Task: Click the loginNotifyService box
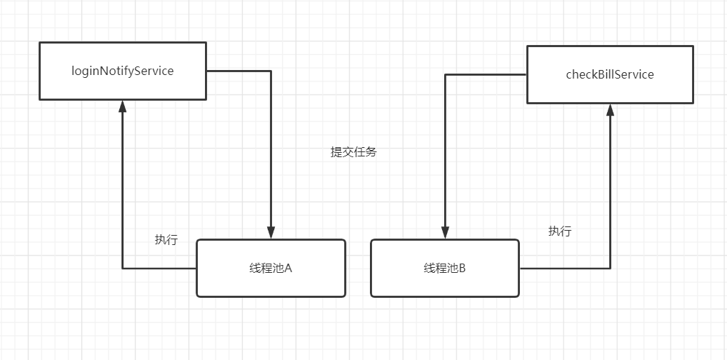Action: [x=122, y=71]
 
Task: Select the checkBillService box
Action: [x=610, y=74]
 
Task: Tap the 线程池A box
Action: [x=271, y=268]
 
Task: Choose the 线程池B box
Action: [x=445, y=268]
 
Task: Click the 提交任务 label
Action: [x=354, y=152]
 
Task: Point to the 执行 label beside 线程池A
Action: [x=166, y=240]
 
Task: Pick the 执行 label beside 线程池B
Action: [x=560, y=231]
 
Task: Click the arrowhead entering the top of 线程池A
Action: [x=271, y=233]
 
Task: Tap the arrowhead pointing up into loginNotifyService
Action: [x=122, y=106]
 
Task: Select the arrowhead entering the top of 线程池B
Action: [x=445, y=233]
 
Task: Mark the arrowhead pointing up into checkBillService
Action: [x=610, y=109]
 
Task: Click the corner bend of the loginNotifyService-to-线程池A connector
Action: [x=271, y=71]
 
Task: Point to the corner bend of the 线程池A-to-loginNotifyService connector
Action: [x=122, y=269]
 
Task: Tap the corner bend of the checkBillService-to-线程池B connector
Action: [x=445, y=74]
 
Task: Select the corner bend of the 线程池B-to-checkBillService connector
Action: [x=610, y=269]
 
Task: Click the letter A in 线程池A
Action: [x=289, y=269]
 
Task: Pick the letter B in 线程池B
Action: [x=462, y=269]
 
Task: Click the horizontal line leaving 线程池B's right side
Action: [x=564, y=269]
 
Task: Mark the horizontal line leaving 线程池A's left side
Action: [x=159, y=269]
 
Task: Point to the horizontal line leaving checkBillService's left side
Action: [x=486, y=74]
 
